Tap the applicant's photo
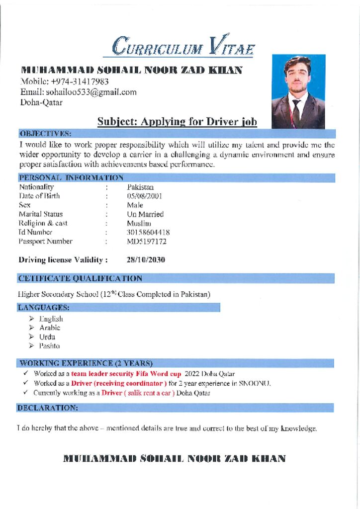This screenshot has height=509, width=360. (x=298, y=91)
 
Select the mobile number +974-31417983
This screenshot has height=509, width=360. (x=80, y=82)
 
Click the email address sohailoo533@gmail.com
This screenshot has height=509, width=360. (x=91, y=92)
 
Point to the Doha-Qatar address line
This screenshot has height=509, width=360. (x=41, y=102)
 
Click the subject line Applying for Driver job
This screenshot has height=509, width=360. (x=177, y=121)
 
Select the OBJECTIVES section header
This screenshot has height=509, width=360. (x=45, y=133)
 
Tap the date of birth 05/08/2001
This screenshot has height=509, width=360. (x=144, y=196)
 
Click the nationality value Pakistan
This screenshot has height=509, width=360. (x=140, y=187)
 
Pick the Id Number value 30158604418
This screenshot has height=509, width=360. (x=148, y=232)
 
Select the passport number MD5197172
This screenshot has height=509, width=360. (x=147, y=242)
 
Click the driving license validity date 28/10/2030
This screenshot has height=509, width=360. (x=146, y=259)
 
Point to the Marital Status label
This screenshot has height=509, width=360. (x=41, y=214)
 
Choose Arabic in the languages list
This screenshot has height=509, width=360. (x=50, y=328)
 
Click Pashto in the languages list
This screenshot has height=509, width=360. (x=49, y=345)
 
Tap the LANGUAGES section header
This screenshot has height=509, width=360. (x=44, y=308)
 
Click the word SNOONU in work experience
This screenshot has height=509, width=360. (x=255, y=383)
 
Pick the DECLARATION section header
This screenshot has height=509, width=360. (x=48, y=408)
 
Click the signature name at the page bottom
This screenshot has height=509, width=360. (x=175, y=458)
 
